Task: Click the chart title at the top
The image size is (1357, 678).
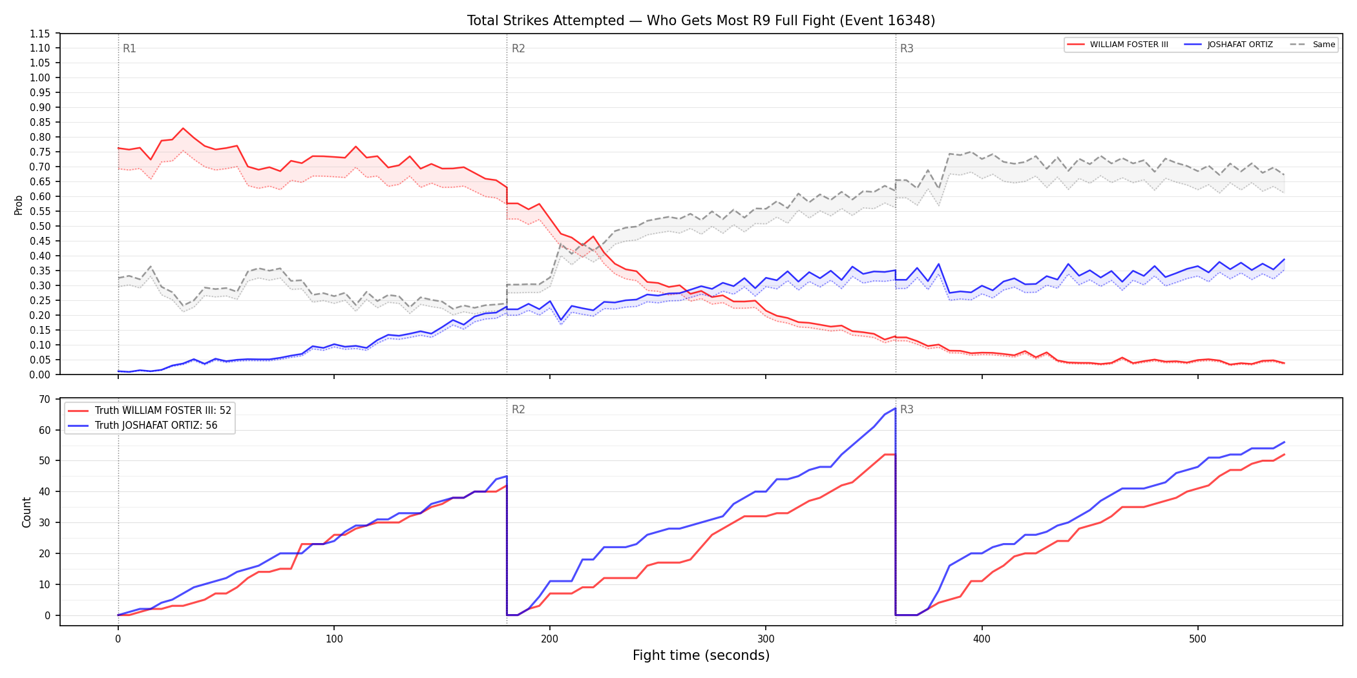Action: (701, 21)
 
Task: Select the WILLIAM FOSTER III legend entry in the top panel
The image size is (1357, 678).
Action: (1118, 45)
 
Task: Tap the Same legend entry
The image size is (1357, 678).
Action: (1312, 45)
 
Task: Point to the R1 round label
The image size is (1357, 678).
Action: (129, 48)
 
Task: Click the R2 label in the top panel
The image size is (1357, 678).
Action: (518, 48)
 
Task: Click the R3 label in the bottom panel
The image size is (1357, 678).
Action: (907, 409)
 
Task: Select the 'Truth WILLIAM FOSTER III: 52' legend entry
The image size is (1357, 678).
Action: (150, 411)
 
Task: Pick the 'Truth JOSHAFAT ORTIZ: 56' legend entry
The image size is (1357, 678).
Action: (143, 426)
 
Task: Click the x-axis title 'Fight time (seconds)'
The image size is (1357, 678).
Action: (701, 655)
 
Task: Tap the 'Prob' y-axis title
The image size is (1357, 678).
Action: (19, 205)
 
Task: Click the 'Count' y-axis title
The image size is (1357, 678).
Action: (26, 512)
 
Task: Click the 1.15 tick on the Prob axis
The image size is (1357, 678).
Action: (40, 34)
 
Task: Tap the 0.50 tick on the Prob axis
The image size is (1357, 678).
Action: (40, 226)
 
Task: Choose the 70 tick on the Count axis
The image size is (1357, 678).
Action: (45, 399)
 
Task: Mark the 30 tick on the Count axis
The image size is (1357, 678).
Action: (45, 522)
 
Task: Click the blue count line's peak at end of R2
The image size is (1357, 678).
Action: (895, 408)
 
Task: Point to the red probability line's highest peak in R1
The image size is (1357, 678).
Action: (183, 128)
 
